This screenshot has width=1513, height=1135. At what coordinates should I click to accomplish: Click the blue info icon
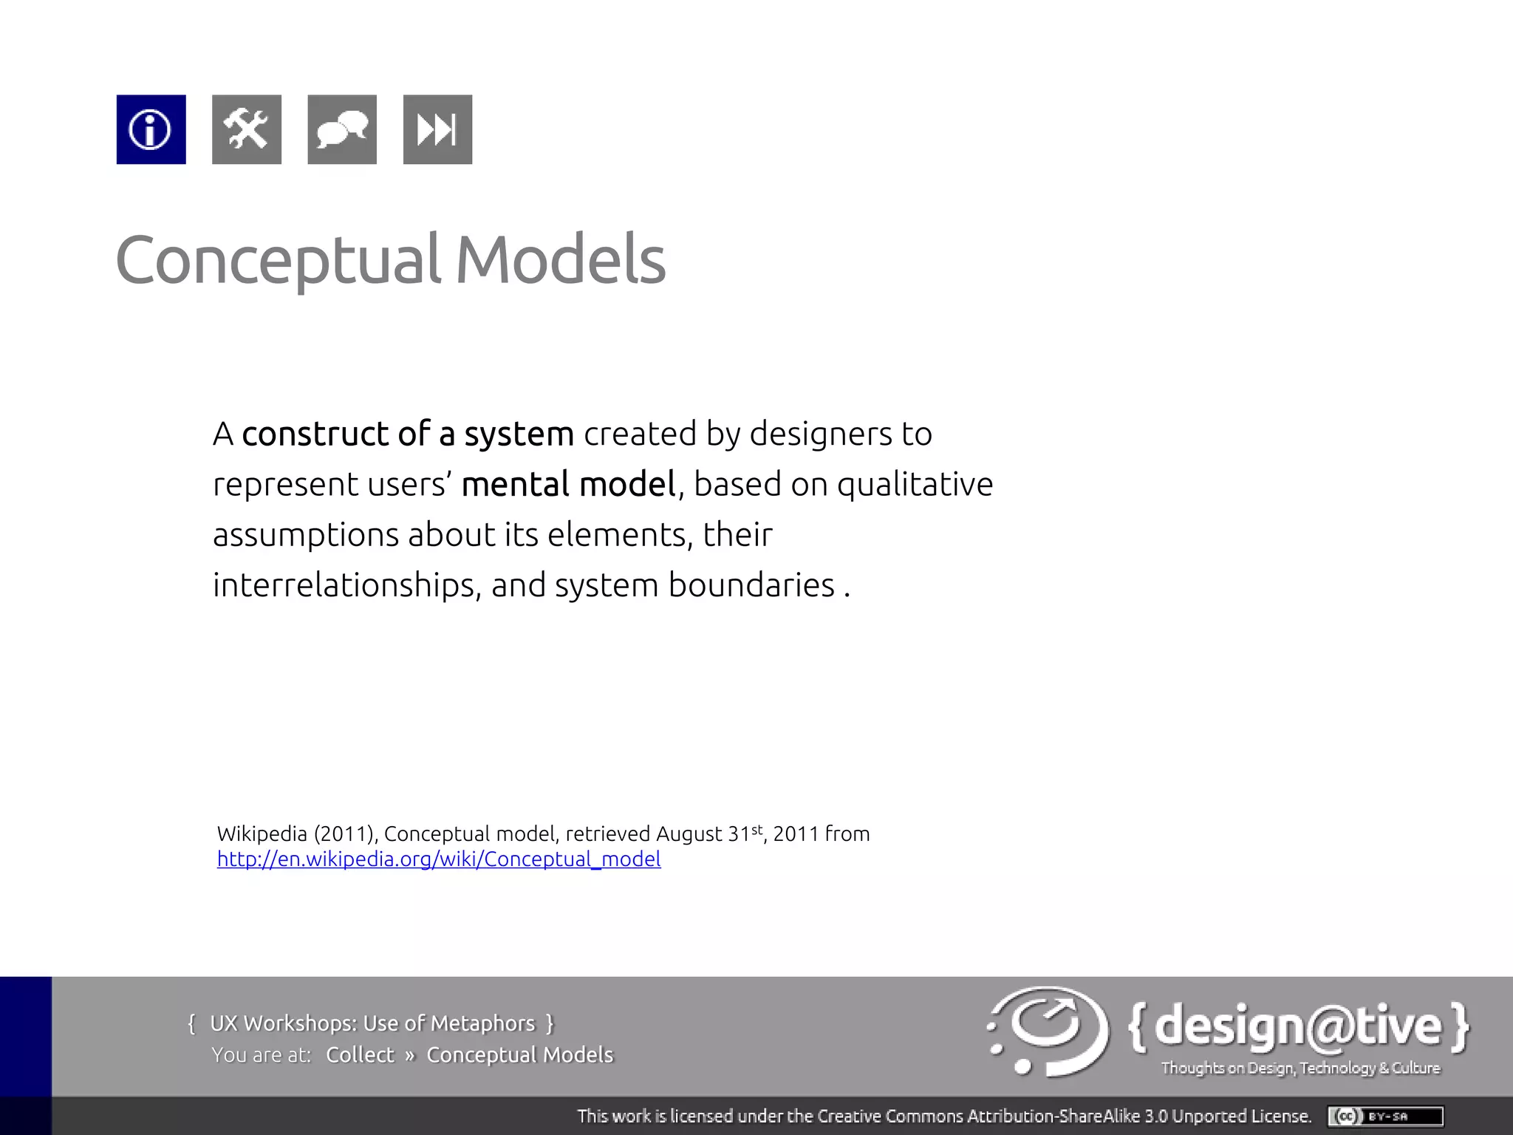[151, 129]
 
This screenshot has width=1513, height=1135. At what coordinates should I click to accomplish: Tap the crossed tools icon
[246, 129]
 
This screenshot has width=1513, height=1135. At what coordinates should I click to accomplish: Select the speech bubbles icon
[341, 129]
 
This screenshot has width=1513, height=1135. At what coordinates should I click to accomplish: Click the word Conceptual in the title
[278, 260]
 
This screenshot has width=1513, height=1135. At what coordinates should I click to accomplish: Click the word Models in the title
[560, 260]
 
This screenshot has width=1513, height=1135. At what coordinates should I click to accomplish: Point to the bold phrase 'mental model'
[568, 485]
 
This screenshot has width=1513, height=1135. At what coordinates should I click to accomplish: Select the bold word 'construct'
[315, 434]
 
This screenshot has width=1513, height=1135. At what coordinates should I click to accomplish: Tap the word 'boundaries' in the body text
[751, 585]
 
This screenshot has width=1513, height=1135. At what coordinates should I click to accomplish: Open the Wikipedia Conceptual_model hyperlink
[439, 859]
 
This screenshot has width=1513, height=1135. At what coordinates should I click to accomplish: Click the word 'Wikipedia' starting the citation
[262, 834]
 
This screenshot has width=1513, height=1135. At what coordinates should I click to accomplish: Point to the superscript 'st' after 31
[756, 829]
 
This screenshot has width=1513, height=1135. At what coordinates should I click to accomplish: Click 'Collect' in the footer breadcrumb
[360, 1055]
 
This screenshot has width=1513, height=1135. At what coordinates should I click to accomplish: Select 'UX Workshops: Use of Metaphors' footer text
[372, 1023]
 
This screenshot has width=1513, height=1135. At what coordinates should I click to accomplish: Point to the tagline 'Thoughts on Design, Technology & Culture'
[1300, 1068]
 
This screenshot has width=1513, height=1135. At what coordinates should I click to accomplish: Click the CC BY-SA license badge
[1385, 1116]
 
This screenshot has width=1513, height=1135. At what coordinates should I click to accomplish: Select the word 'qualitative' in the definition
[915, 485]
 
